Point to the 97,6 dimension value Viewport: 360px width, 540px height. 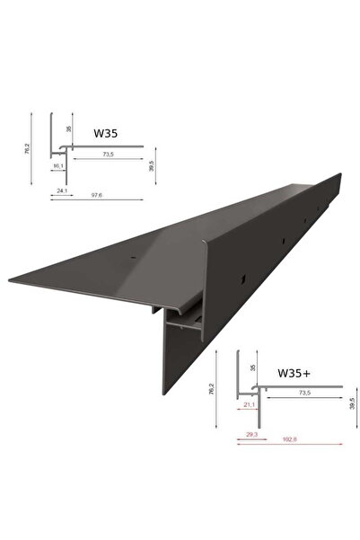pos(98,202)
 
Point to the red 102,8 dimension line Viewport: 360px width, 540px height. pos(287,446)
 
